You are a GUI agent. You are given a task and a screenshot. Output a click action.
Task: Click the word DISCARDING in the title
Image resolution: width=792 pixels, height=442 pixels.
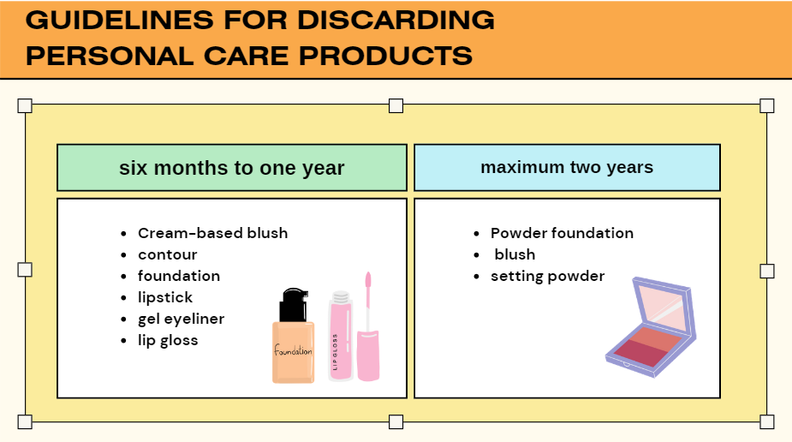pyautogui.click(x=396, y=21)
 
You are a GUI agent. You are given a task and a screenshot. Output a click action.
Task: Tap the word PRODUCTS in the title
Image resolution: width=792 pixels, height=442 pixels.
pyautogui.click(x=385, y=56)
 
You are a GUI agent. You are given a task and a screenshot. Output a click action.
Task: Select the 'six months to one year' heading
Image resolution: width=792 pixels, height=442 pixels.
pyautogui.click(x=232, y=168)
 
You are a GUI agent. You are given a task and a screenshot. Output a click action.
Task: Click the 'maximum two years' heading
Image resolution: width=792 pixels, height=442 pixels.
pyautogui.click(x=567, y=167)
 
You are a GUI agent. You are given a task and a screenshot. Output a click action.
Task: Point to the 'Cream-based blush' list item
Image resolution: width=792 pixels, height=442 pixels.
pyautogui.click(x=212, y=233)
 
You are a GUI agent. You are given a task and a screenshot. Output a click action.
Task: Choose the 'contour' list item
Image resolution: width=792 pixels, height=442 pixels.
pyautogui.click(x=167, y=254)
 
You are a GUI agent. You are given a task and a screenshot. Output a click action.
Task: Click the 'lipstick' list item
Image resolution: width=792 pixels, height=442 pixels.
pyautogui.click(x=165, y=297)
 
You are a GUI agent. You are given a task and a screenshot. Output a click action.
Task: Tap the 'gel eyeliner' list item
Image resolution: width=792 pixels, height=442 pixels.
pyautogui.click(x=181, y=320)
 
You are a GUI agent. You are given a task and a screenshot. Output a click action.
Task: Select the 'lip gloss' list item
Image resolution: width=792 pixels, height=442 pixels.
pyautogui.click(x=168, y=341)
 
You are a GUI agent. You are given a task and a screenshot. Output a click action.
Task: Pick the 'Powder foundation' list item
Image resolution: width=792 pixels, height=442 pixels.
pyautogui.click(x=562, y=233)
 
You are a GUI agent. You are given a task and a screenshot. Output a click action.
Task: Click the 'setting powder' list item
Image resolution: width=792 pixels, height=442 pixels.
pyautogui.click(x=547, y=277)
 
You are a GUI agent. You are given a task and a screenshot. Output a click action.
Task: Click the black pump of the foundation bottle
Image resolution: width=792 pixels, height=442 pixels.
pyautogui.click(x=294, y=305)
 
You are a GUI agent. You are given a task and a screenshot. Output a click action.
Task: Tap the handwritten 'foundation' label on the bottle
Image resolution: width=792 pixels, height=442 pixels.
pyautogui.click(x=293, y=350)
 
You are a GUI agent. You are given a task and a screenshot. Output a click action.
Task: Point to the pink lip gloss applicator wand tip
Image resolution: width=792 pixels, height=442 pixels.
pyautogui.click(x=368, y=280)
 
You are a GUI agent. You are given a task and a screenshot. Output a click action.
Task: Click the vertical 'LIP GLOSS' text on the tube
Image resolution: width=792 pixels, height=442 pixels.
pyautogui.click(x=335, y=352)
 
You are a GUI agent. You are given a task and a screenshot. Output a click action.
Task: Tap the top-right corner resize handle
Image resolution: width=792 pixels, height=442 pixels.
pyautogui.click(x=767, y=105)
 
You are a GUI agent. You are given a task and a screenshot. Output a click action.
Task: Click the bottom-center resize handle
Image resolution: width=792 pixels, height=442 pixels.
pyautogui.click(x=396, y=421)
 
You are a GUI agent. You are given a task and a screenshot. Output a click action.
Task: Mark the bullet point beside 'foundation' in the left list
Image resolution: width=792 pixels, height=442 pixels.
pyautogui.click(x=124, y=277)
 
